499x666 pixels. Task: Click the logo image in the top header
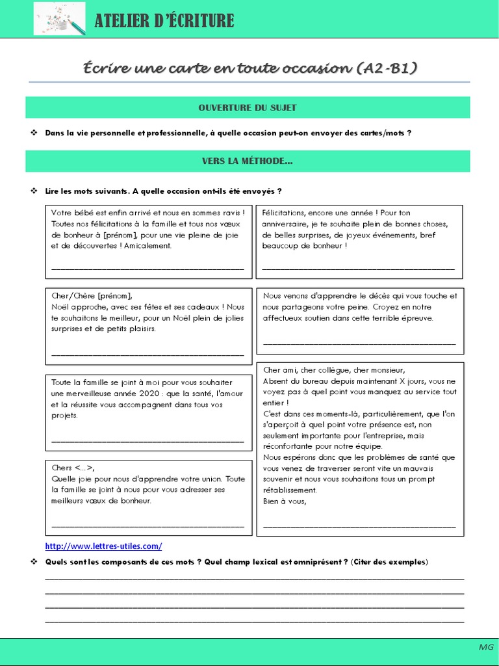[59, 19]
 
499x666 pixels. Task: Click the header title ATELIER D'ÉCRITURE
[164, 21]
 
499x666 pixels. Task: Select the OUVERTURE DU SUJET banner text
[248, 107]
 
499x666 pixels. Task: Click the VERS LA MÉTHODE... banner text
[248, 161]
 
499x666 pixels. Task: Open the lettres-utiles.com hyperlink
[103, 546]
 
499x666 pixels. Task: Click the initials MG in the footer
[486, 648]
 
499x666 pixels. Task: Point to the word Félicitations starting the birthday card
[283, 213]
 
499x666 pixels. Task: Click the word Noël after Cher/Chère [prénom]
[60, 307]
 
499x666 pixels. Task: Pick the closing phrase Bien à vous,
[284, 501]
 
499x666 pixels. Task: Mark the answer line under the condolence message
[359, 343]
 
